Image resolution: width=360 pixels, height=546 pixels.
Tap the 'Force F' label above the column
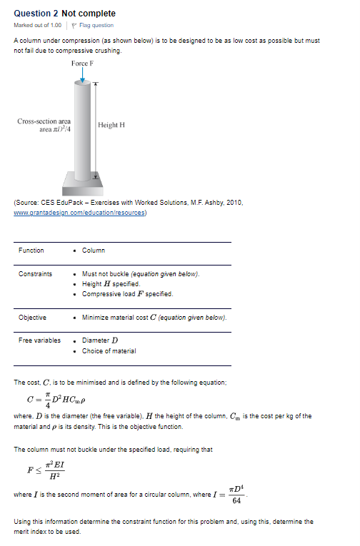click(84, 64)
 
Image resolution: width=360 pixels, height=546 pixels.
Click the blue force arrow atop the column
click(83, 75)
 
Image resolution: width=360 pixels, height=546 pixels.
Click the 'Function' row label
click(31, 250)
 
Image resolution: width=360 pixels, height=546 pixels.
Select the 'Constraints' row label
click(35, 274)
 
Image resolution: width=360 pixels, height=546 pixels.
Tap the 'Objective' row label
click(33, 317)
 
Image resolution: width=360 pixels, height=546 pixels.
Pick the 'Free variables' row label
click(40, 340)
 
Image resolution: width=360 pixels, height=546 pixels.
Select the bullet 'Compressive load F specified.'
click(127, 294)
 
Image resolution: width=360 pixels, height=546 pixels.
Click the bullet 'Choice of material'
click(109, 350)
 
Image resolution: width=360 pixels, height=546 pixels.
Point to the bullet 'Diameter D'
click(100, 340)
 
